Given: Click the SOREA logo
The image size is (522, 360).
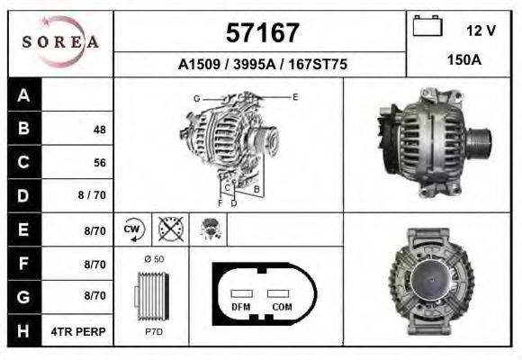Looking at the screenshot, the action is pos(60,41).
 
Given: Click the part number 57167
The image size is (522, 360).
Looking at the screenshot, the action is pos(263,33).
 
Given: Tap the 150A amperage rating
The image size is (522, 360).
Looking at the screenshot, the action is pos(464,60).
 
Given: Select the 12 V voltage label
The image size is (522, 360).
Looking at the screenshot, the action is pos(481,31).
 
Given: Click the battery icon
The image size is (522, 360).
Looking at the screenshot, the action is pos(427,25).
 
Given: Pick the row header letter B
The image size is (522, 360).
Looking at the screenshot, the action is pos(23,128).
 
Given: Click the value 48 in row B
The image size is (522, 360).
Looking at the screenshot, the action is pos(100,130).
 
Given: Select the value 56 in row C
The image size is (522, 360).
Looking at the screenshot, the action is pos(100,163).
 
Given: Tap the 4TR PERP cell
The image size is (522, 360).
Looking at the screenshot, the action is pos(78,332).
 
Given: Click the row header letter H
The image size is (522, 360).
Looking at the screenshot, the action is pos(23,330).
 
